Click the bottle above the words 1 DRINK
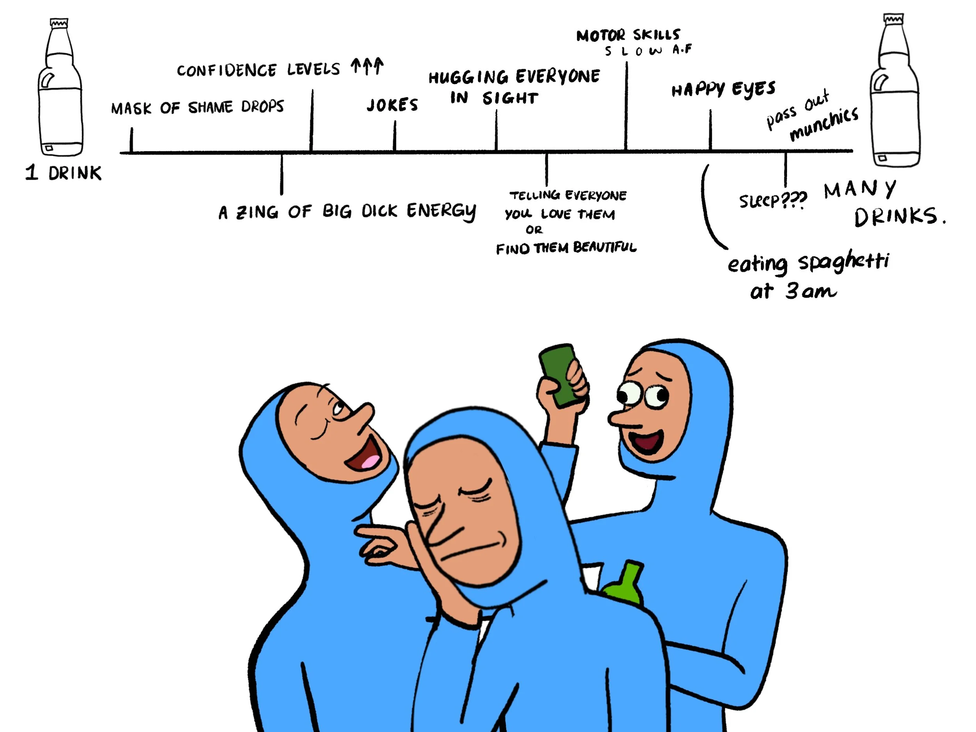61,88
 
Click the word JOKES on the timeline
392,105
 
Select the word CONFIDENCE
227,70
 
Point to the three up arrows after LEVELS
367,67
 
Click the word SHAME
210,107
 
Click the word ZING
257,212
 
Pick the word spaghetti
843,262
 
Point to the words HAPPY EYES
723,89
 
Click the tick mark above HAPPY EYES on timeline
710,130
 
